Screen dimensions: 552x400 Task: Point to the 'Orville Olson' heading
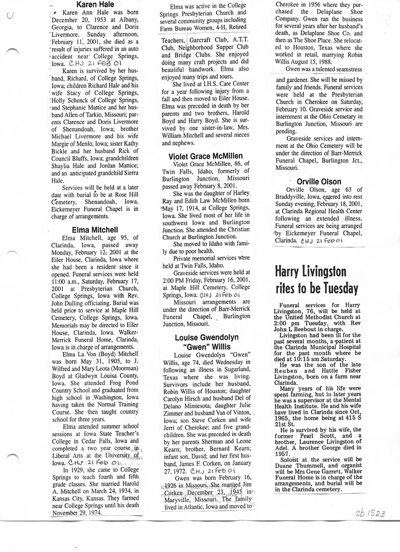[318, 182]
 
